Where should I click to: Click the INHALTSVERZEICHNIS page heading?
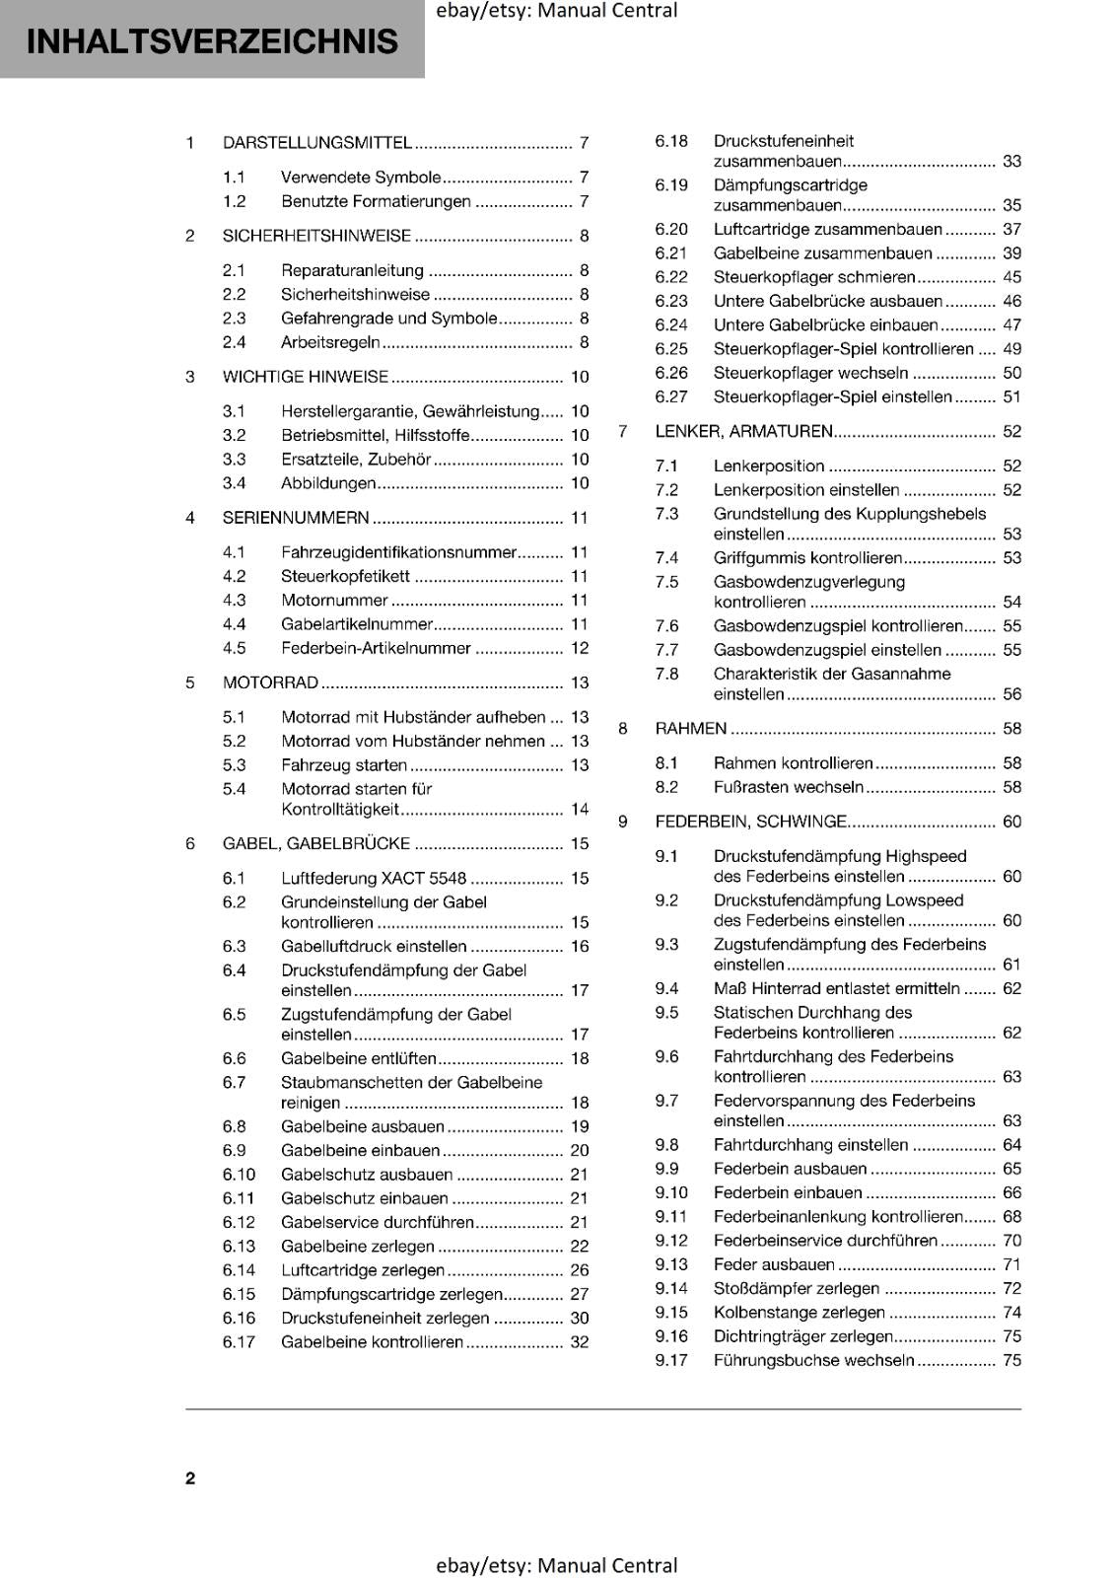click(x=212, y=41)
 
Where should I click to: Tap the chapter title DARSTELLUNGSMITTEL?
click(x=316, y=143)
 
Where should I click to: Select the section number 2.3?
click(x=234, y=319)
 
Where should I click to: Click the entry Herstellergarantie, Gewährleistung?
click(x=410, y=411)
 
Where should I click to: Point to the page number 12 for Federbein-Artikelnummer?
click(x=580, y=649)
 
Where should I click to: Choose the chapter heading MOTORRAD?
click(x=270, y=682)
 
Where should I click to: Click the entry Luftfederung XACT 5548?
click(x=374, y=878)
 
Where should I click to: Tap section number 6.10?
click(x=239, y=1175)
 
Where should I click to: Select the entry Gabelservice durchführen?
click(x=378, y=1223)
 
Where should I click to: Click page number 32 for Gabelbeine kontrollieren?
click(x=580, y=1342)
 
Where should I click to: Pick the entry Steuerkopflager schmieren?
click(x=814, y=278)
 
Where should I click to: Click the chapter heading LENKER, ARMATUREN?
click(x=743, y=432)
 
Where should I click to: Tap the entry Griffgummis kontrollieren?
click(x=807, y=558)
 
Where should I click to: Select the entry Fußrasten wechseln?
click(x=788, y=787)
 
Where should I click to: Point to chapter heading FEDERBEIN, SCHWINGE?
click(x=750, y=822)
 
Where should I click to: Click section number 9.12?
click(x=671, y=1241)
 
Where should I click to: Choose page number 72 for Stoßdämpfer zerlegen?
click(x=1011, y=1289)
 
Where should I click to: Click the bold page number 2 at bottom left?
click(x=190, y=1478)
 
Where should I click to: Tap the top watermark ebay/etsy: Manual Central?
click(x=556, y=11)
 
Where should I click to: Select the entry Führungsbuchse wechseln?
click(x=813, y=1361)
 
